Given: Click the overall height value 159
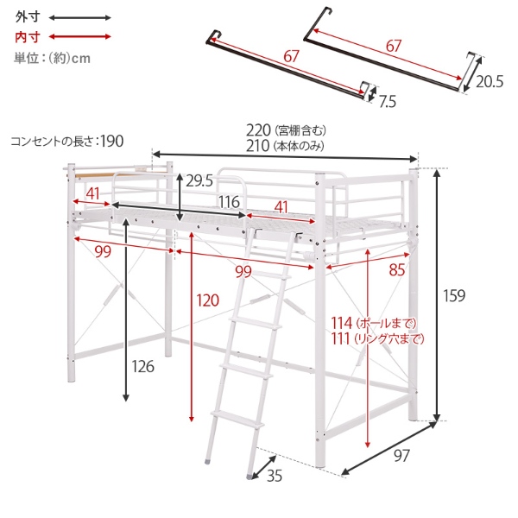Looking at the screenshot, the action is pyautogui.click(x=454, y=295).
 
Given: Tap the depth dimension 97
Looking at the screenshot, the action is pyautogui.click(x=401, y=456).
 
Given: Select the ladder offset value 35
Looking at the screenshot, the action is pyautogui.click(x=275, y=476).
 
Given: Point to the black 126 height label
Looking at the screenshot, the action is pyautogui.click(x=143, y=366).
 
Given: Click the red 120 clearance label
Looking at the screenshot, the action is pyautogui.click(x=208, y=300).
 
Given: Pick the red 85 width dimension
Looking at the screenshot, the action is pyautogui.click(x=397, y=270).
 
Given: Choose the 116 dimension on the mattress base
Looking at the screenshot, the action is pyautogui.click(x=230, y=202).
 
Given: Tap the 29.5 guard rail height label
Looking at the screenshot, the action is pyautogui.click(x=199, y=180).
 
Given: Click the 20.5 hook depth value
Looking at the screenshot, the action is pyautogui.click(x=490, y=82).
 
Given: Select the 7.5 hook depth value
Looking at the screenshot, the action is pyautogui.click(x=387, y=102).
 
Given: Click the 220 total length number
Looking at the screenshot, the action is pyautogui.click(x=258, y=130).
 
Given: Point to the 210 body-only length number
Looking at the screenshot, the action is pyautogui.click(x=257, y=146).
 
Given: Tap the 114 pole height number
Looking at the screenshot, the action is pyautogui.click(x=342, y=323).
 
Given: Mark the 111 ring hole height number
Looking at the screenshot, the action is pyautogui.click(x=341, y=338).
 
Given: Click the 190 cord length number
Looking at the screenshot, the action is pyautogui.click(x=112, y=141).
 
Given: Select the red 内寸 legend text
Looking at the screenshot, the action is pyautogui.click(x=28, y=36).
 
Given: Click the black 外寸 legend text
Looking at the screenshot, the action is pyautogui.click(x=28, y=16).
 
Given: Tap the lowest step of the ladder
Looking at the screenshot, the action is pyautogui.click(x=237, y=419).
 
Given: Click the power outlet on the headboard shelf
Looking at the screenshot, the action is pyautogui.click(x=141, y=168).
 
